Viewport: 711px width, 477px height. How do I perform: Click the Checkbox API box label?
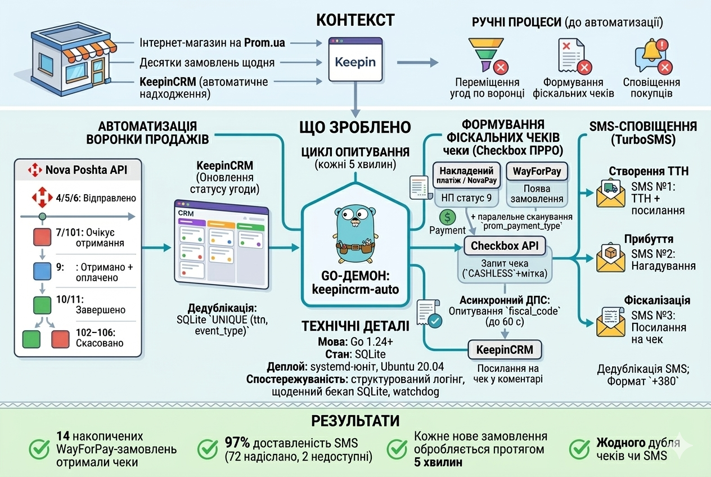(504, 246)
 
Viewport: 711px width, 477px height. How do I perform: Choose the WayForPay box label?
(537, 170)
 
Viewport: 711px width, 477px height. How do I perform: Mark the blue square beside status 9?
(43, 271)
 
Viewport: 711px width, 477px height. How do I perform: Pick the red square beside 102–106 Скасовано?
(60, 339)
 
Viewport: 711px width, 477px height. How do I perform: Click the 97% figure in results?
(237, 442)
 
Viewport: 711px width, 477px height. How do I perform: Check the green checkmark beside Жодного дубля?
(580, 449)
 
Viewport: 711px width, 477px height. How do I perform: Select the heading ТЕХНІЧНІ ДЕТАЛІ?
(355, 327)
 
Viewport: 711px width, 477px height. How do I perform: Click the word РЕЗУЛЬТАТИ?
(355, 421)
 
